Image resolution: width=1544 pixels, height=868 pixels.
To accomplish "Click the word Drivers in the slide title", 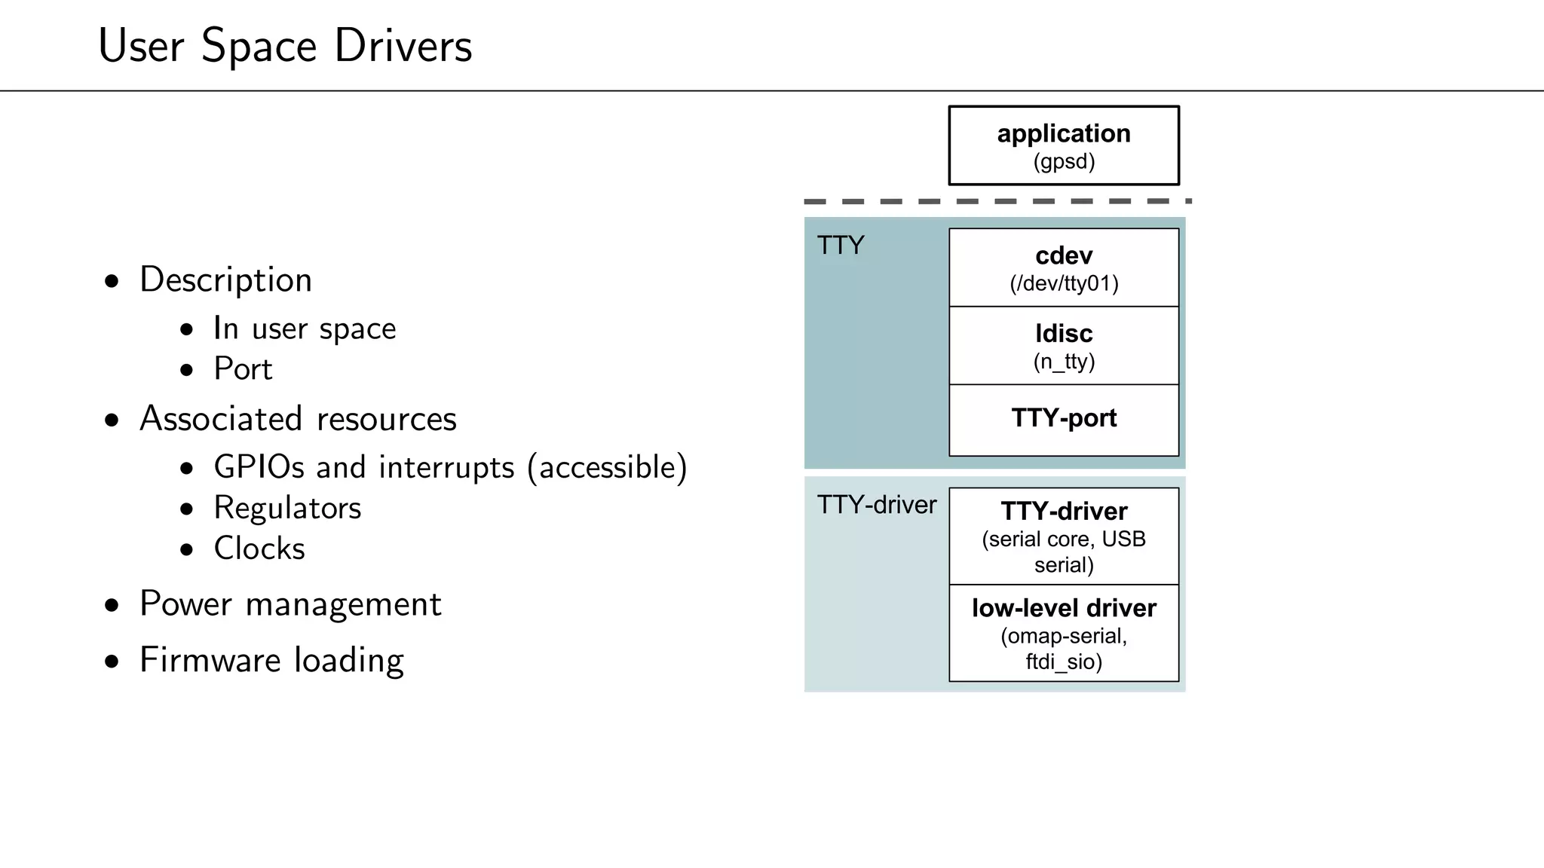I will (403, 46).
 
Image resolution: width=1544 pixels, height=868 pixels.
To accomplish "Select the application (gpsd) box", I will (1063, 145).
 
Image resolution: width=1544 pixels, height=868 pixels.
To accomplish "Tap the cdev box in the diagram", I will (1063, 267).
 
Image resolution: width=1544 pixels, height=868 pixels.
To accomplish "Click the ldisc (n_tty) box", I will (1063, 346).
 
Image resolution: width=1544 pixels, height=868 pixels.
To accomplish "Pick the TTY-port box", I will (1063, 419).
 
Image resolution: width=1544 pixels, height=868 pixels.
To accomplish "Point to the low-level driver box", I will (1063, 633).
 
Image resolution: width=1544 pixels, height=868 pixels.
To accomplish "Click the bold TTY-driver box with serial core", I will (1063, 536).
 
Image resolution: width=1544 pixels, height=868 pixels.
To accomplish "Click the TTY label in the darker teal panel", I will (841, 246).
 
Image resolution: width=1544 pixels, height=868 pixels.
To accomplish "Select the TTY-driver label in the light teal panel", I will (877, 505).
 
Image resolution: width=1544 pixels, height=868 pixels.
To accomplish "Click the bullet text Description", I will (225, 280).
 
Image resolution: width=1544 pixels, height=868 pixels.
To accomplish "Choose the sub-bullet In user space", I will (305, 329).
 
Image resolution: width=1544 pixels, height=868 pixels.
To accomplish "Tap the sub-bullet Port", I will (243, 369).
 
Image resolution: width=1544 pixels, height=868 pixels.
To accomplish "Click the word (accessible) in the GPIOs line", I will (608, 467).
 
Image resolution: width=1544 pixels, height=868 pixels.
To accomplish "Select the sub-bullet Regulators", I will (287, 508).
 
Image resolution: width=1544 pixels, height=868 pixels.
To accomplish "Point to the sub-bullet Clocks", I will (259, 549).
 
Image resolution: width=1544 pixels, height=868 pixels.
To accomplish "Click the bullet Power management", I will (290, 604).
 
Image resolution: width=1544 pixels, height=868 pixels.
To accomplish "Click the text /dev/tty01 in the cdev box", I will (1064, 284).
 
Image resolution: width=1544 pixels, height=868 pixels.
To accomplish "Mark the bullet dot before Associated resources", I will (112, 420).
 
